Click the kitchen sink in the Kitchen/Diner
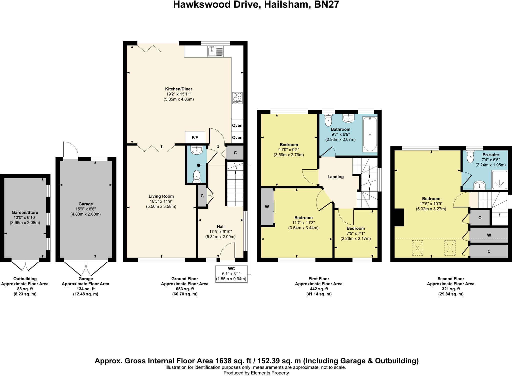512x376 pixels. tap(215, 51)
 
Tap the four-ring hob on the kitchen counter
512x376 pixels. tap(237, 98)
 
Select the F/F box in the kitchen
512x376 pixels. tap(195, 137)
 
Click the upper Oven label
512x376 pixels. tap(237, 125)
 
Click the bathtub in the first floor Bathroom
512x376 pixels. tap(370, 134)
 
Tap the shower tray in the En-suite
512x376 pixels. tap(499, 179)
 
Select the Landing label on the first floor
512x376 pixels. tap(335, 177)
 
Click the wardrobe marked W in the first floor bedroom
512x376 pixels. tap(267, 207)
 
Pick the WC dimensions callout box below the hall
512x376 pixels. tap(231, 274)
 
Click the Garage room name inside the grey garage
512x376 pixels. tap(85, 204)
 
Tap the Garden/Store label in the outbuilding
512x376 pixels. tap(25, 212)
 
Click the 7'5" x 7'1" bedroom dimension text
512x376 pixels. tap(355, 233)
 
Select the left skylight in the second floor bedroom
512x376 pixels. tap(417, 248)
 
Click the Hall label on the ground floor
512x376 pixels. tap(220, 226)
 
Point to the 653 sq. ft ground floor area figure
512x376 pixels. tap(185, 289)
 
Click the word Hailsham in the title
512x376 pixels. tap(286, 5)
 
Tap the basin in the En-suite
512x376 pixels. tap(479, 185)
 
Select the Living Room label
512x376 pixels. tap(161, 196)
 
